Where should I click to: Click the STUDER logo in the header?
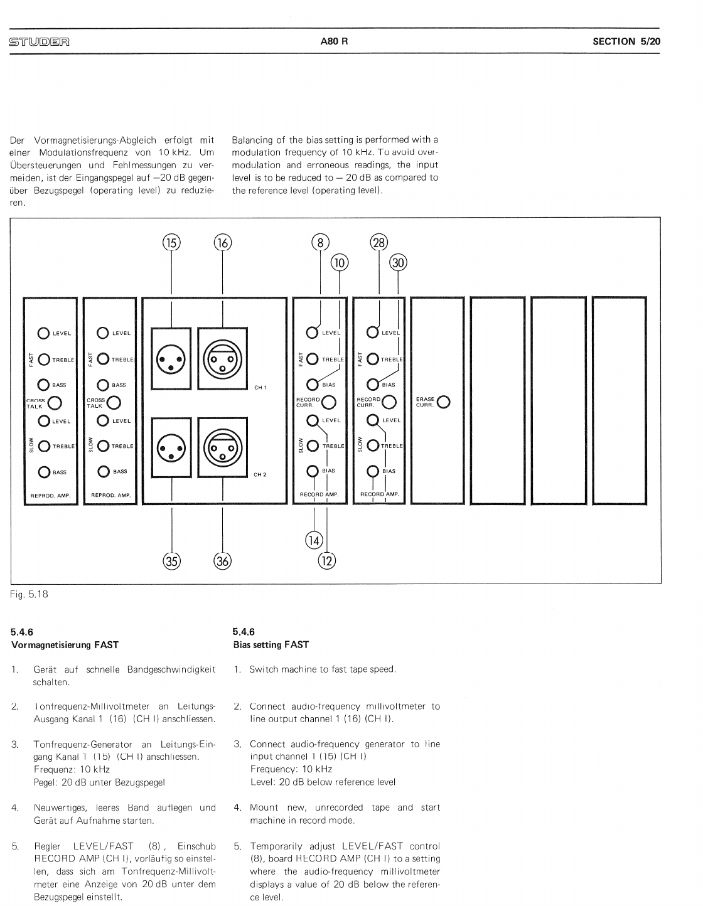pos(39,43)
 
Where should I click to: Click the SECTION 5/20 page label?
pos(626,41)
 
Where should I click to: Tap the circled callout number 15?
pos(171,243)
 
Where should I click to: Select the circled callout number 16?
pos(223,243)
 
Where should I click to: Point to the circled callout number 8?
pos(320,243)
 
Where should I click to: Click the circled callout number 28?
pos(379,243)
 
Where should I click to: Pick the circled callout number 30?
pos(398,263)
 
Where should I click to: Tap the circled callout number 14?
pos(314,540)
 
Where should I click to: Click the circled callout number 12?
pos(327,560)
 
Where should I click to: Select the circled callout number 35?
pos(171,560)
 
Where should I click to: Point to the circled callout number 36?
pos(223,560)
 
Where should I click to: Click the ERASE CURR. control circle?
pos(444,402)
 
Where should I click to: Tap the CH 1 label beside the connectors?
pos(260,387)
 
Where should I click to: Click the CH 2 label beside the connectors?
pos(260,474)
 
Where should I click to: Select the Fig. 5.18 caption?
pos(30,594)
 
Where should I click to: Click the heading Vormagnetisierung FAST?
pos(65,644)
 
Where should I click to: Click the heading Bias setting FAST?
pos(271,644)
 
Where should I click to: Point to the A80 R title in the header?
pos(333,41)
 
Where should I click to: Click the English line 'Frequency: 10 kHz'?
pos(291,769)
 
